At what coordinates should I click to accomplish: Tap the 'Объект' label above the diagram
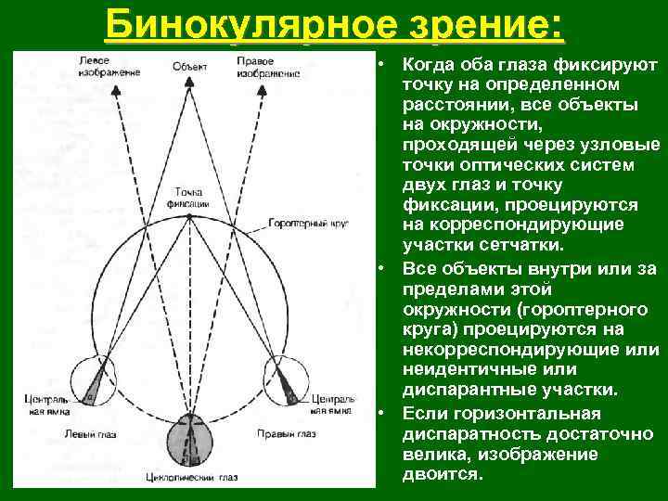[x=189, y=66]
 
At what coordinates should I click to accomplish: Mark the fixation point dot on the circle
[x=189, y=216]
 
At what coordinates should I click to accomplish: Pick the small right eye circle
[x=290, y=379]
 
